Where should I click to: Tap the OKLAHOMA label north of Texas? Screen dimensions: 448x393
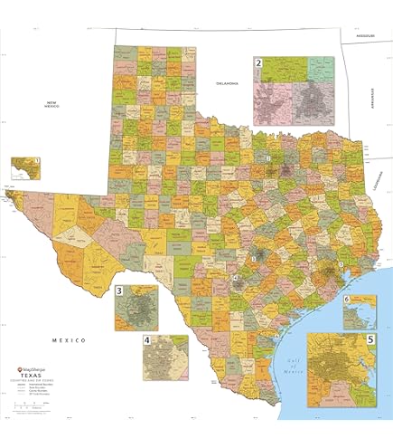(x=226, y=83)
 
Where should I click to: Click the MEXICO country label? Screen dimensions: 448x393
(x=68, y=339)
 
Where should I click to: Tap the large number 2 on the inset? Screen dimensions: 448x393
(x=258, y=63)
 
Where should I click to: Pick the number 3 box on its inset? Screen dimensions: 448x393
(x=120, y=291)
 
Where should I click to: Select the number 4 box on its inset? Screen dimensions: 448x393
(x=147, y=341)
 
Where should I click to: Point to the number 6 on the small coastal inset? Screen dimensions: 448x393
(x=346, y=299)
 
